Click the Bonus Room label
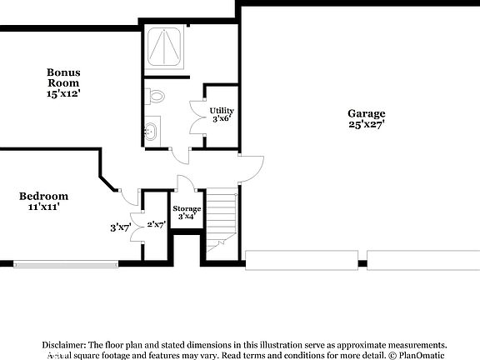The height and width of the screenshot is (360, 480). coord(62,77)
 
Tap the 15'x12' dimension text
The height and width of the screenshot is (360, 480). coord(62,94)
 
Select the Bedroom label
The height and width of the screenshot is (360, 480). coord(43,196)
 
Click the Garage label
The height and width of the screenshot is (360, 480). coord(367,113)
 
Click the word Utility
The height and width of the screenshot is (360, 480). coord(221,110)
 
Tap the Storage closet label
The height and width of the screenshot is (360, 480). coord(187,208)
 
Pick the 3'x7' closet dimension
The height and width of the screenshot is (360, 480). coord(122,227)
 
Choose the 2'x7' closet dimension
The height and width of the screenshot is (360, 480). coord(156,224)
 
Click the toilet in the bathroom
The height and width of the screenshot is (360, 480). coord(155,97)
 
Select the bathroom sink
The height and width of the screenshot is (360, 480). coord(152,131)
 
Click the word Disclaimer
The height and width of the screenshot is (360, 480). coord(62,344)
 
